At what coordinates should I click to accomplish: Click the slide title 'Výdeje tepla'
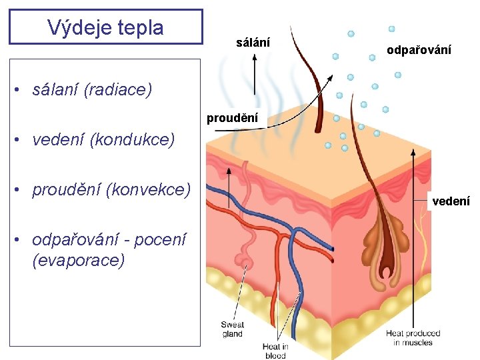coord(105,27)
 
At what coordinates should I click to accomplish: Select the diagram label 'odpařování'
coord(419,50)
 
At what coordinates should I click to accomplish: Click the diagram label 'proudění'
coord(232,119)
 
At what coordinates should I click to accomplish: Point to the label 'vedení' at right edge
coord(451,201)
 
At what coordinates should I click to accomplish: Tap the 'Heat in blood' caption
coord(275,351)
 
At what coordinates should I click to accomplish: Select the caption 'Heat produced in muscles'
coord(413,337)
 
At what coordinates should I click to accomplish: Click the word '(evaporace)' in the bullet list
coord(78,260)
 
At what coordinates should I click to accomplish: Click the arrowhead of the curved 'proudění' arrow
coord(331,79)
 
